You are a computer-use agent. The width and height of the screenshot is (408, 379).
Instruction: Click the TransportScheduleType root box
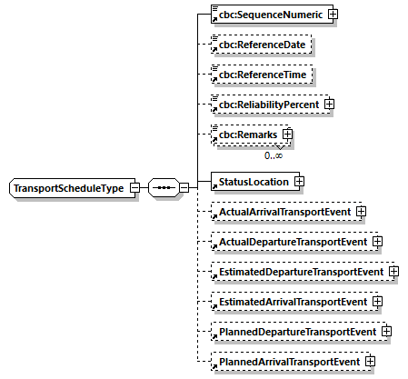69,188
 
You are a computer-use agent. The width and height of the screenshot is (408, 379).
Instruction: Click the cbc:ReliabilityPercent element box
265,104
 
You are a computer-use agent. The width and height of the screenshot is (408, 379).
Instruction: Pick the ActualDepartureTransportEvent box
290,242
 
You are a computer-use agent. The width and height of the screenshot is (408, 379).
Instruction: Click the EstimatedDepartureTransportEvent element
298,272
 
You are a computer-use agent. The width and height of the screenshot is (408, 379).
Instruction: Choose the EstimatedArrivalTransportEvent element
290,302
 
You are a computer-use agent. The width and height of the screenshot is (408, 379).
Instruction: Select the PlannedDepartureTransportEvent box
294,332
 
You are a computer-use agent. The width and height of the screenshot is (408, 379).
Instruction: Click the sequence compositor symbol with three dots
164,188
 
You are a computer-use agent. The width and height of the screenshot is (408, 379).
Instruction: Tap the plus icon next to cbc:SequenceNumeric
333,15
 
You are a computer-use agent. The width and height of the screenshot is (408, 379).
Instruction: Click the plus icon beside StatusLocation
298,182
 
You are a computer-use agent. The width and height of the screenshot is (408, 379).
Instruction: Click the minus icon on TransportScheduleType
134,188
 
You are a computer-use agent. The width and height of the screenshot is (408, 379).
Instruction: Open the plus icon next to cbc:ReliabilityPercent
329,104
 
